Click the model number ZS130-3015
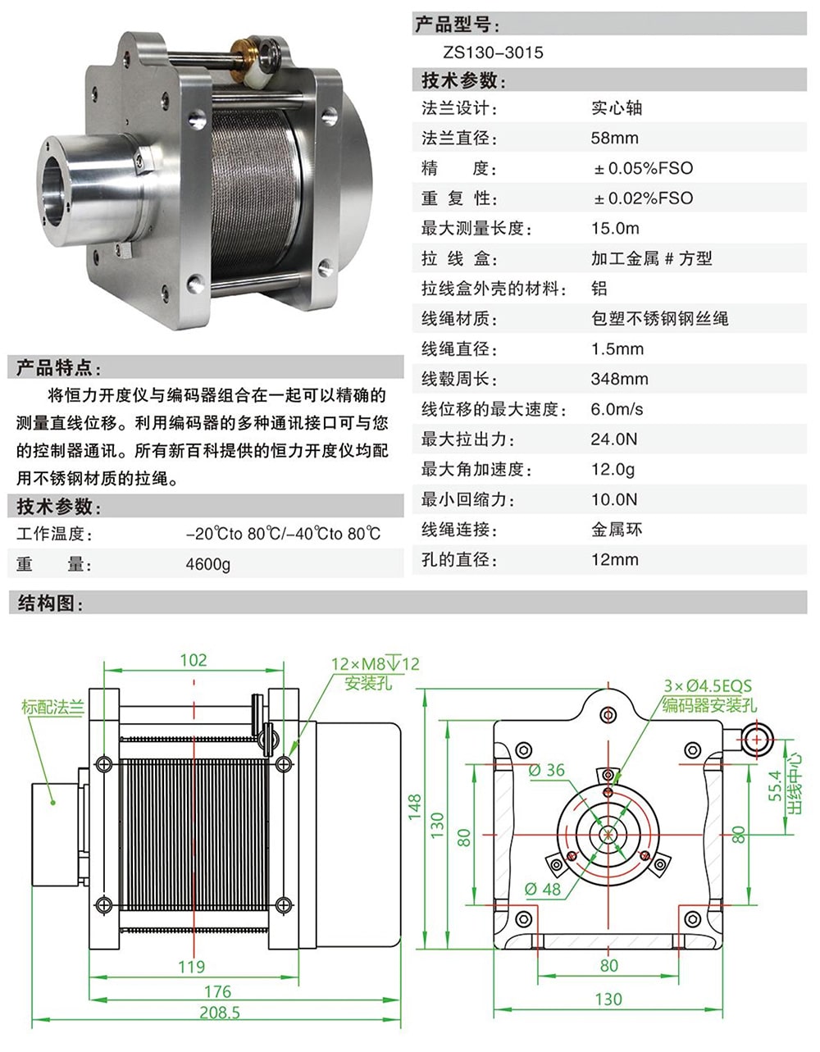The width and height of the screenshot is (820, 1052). [493, 52]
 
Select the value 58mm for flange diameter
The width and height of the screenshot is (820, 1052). [614, 138]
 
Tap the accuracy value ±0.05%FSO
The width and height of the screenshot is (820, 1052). [644, 168]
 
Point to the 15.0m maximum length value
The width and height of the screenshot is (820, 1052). [615, 228]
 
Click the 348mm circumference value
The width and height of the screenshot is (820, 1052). [619, 379]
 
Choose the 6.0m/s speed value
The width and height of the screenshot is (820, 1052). [617, 409]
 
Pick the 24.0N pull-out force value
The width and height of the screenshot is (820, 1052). [614, 439]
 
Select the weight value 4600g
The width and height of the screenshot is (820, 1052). [207, 564]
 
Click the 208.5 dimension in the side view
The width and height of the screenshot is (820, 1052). [220, 1013]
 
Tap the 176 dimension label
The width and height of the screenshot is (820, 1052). [217, 991]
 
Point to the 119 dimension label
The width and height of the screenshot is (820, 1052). [191, 966]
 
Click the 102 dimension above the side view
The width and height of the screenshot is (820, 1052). [194, 660]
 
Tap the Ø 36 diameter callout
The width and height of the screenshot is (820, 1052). [546, 770]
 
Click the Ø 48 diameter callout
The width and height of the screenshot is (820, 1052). [543, 889]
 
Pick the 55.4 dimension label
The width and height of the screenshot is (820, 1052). [776, 786]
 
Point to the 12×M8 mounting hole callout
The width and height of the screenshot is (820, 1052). [375, 663]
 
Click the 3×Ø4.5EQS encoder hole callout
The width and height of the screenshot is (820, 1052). [707, 685]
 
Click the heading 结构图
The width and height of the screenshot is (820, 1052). [50, 603]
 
